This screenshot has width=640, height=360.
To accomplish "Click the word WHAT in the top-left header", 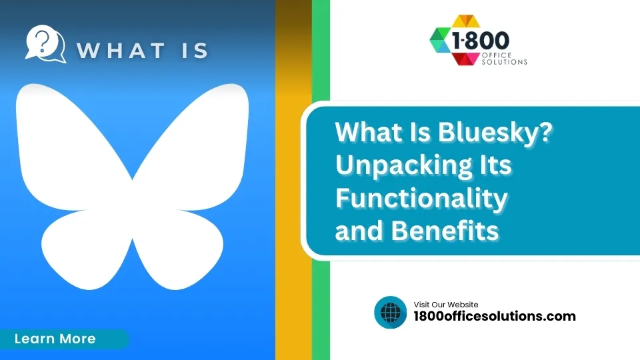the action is pos(121,51).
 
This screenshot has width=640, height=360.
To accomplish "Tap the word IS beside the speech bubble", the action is pos(195,51).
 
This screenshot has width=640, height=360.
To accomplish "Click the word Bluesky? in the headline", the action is pos(495,133).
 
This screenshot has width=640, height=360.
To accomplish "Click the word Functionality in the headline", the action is pos(421,199).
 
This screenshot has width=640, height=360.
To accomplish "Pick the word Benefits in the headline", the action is pos(445,231).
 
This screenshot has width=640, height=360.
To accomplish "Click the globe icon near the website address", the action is pos(390,312).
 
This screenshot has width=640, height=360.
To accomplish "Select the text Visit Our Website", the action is pos(446,305).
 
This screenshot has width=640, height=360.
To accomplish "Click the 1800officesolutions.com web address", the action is pos(494,316).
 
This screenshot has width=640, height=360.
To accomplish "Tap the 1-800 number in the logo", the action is pos(481,41).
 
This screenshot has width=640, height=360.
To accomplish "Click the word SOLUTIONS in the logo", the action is pos(505,62).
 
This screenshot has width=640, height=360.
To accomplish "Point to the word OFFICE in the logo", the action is pos(497,55).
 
